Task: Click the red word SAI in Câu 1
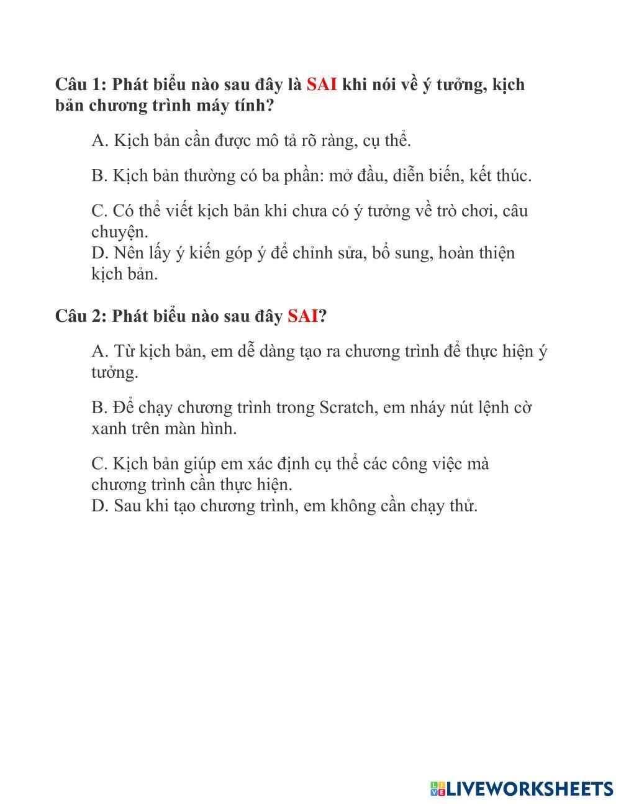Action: click(x=322, y=85)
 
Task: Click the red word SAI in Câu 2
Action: click(x=303, y=316)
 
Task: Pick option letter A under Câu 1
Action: click(x=99, y=141)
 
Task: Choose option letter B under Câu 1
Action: click(x=99, y=176)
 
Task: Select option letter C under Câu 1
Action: click(x=99, y=212)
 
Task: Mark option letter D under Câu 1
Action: click(x=99, y=254)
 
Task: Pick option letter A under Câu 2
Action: click(x=99, y=352)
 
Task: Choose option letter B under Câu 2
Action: click(x=99, y=408)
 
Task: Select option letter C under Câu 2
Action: click(x=99, y=464)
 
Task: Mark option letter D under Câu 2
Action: click(x=99, y=506)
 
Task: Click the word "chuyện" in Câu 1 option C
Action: click(x=119, y=233)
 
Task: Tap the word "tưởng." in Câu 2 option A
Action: click(x=114, y=373)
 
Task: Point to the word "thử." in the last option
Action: click(x=463, y=506)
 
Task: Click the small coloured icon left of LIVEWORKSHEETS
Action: click(x=438, y=789)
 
